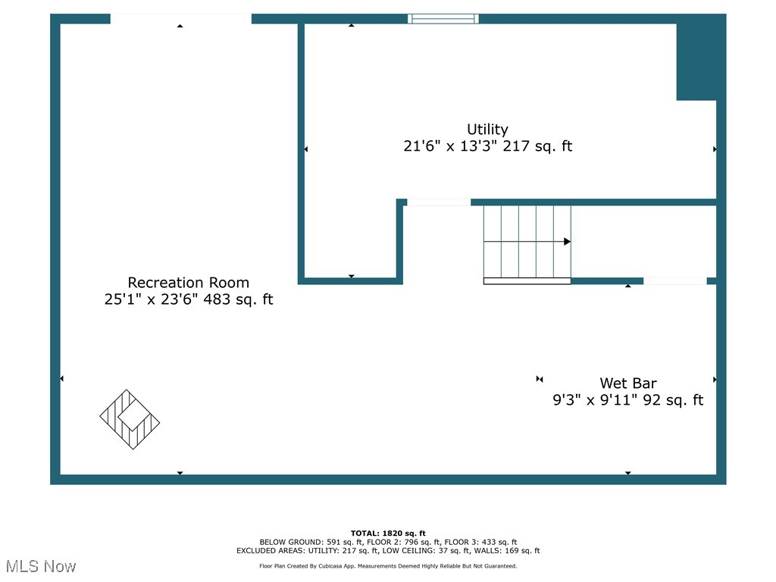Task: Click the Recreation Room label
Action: point(188,283)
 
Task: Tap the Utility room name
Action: point(487,130)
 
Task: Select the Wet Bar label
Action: point(628,383)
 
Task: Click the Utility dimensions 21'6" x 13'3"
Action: point(455,146)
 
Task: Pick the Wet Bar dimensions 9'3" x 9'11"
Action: point(595,400)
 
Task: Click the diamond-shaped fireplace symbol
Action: point(130,419)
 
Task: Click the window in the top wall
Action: point(443,19)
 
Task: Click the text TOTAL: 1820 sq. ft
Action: point(388,533)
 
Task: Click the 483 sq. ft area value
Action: point(242,300)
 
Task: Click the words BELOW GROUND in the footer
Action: point(291,543)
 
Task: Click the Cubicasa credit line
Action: point(388,566)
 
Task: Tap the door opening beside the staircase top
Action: point(438,202)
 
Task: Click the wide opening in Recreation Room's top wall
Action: point(180,19)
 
